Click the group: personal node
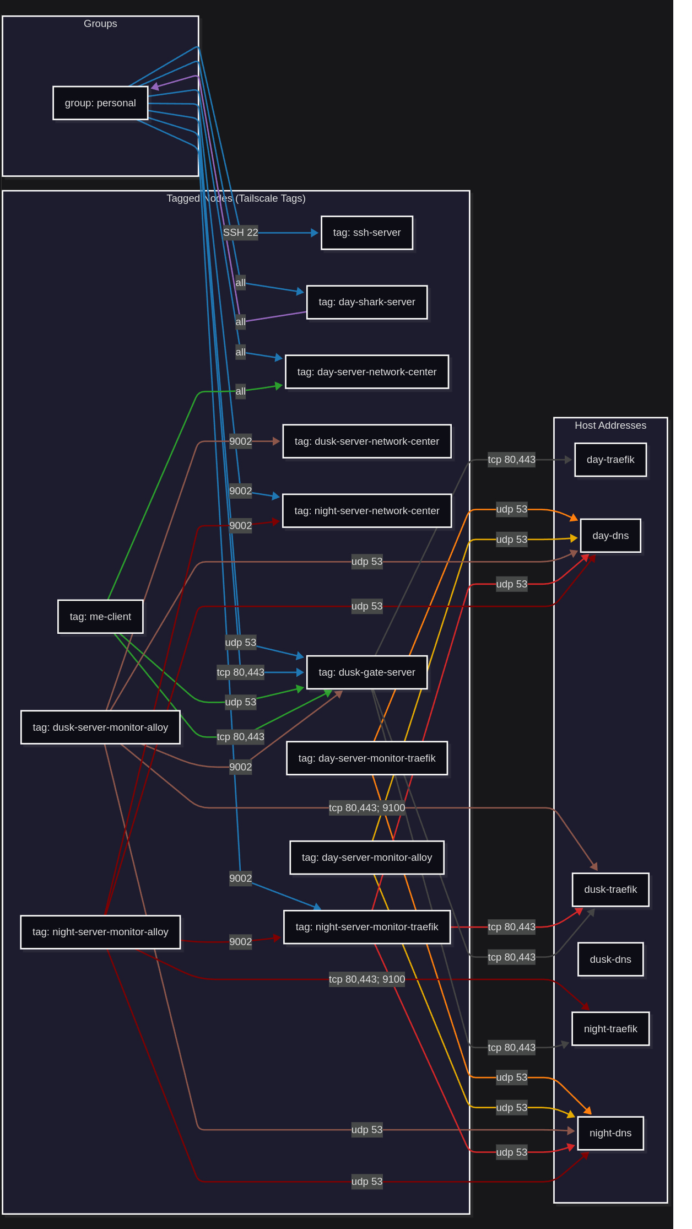point(100,103)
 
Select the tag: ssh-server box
point(367,233)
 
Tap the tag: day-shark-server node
point(367,302)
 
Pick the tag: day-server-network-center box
point(367,372)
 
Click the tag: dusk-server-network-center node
point(367,441)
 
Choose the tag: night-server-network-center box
point(367,511)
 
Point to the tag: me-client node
point(100,617)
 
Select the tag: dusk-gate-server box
point(367,672)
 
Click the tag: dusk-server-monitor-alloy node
point(100,727)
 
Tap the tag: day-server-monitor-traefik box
point(367,758)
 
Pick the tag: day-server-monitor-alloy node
point(367,858)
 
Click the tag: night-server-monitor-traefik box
point(367,927)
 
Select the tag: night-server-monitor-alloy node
point(100,932)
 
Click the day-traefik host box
point(610,460)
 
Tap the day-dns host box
point(610,536)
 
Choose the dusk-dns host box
point(610,960)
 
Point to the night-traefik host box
point(610,1029)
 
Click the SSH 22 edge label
point(240,233)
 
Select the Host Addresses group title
point(610,425)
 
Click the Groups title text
point(100,24)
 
